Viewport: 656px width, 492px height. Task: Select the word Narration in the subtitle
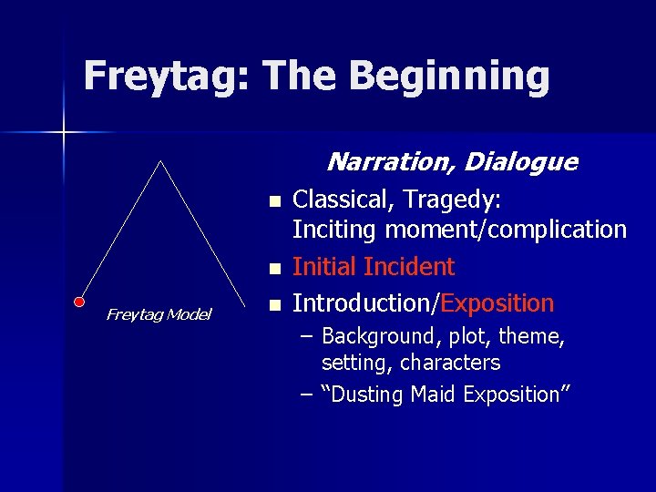[x=390, y=162]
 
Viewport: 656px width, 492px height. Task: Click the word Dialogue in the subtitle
[x=520, y=162]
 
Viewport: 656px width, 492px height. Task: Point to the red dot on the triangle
[x=79, y=300]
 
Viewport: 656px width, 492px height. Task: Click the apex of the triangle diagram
[x=160, y=161]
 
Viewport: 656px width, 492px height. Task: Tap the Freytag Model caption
[x=159, y=314]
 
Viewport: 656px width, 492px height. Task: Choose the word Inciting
[x=334, y=230]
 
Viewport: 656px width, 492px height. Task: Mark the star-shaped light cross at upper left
[x=64, y=133]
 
